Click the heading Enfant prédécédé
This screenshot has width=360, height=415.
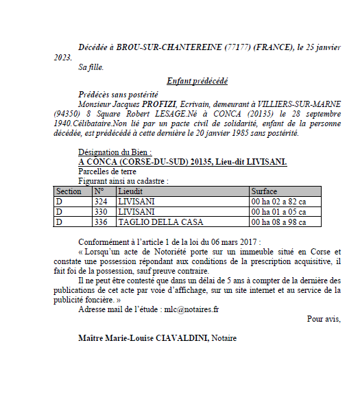(197, 81)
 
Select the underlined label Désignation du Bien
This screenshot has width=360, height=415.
(115, 152)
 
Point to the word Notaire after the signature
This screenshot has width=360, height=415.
(224, 337)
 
